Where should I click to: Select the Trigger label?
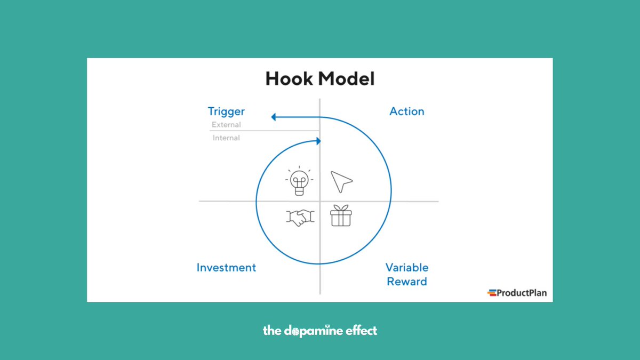point(226,111)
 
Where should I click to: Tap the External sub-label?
point(226,125)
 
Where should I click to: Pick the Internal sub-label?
point(226,138)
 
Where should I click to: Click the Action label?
point(407,111)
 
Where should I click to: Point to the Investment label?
point(226,267)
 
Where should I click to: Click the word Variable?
point(407,267)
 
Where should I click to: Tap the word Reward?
point(407,281)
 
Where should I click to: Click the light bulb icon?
point(300,181)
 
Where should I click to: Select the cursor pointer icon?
point(341,182)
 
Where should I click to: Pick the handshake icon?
point(300,217)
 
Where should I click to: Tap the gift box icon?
point(341,216)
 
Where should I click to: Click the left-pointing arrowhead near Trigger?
point(274,117)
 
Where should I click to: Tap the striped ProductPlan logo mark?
point(492,292)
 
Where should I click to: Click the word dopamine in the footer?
point(314,331)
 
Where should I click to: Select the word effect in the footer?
point(361,331)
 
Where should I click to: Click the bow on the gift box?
point(341,207)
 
